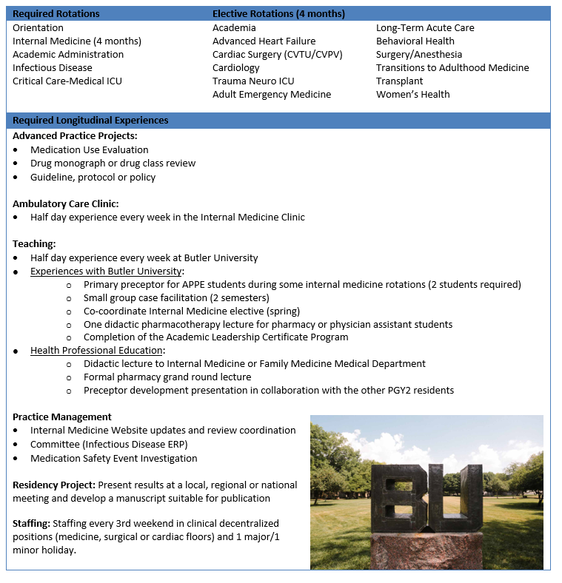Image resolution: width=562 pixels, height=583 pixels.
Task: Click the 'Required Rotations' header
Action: click(x=56, y=14)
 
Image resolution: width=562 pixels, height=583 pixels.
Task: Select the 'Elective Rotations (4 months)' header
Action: click(x=278, y=14)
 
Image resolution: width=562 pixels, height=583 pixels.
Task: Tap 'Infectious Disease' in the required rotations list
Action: click(x=53, y=67)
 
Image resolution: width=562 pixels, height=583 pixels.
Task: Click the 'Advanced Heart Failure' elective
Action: click(x=264, y=41)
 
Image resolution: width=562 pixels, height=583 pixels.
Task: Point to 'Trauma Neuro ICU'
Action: click(x=253, y=81)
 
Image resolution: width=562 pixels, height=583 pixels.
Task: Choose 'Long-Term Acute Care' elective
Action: click(x=425, y=27)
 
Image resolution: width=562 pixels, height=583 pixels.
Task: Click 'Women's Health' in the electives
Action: click(x=412, y=94)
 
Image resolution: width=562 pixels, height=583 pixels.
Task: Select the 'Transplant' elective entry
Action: click(x=399, y=81)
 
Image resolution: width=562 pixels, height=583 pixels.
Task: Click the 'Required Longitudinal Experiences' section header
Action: click(x=90, y=120)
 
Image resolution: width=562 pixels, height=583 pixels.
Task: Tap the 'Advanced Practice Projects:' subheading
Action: click(x=75, y=135)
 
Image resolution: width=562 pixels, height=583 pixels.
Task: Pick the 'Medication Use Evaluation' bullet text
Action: click(x=89, y=149)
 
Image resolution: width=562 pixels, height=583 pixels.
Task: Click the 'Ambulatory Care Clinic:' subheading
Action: click(x=65, y=203)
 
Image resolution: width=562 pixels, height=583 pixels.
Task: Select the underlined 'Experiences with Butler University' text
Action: click(x=106, y=271)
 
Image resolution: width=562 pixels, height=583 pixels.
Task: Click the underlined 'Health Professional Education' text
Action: click(x=96, y=350)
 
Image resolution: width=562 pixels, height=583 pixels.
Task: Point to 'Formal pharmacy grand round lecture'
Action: click(x=167, y=377)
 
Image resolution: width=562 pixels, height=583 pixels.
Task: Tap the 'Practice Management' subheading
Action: click(x=62, y=417)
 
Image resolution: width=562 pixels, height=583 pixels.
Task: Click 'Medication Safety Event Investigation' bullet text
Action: click(x=113, y=458)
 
